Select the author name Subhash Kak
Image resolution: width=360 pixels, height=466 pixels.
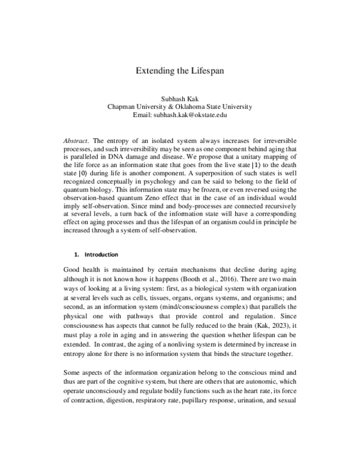coord(179,98)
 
